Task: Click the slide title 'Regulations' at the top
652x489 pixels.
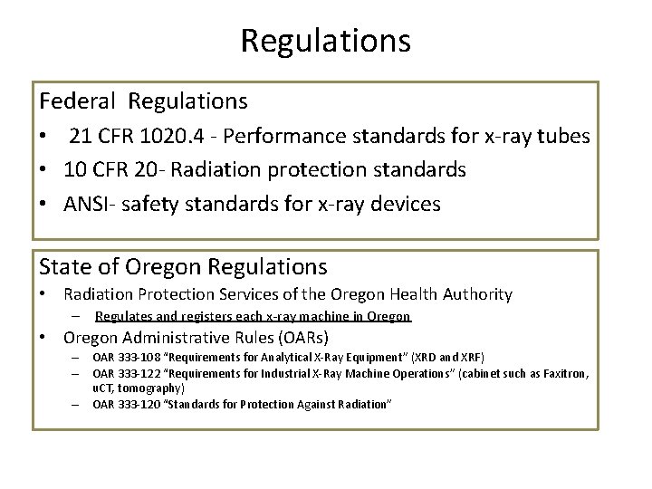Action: pos(326,40)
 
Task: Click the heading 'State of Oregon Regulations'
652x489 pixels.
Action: pos(183,266)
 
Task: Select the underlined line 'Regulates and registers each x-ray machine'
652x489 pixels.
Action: pos(253,316)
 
